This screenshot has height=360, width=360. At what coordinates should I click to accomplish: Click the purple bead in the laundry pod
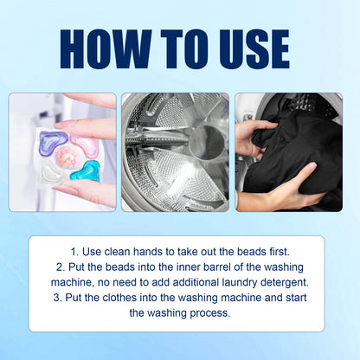click(x=55, y=138)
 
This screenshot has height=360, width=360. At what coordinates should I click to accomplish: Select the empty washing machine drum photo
click(x=175, y=151)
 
